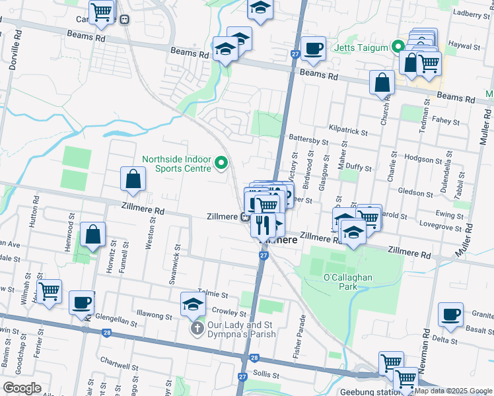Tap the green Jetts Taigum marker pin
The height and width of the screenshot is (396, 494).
[398, 47]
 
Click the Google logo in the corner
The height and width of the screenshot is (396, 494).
[22, 387]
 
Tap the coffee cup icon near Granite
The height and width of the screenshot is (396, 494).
[452, 315]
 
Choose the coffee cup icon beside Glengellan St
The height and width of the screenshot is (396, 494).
[81, 302]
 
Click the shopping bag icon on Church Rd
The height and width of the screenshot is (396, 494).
[382, 83]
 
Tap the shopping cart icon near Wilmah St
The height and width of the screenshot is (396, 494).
[49, 290]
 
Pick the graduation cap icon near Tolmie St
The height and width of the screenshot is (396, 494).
[193, 304]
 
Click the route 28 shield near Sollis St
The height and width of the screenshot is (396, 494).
[254, 358]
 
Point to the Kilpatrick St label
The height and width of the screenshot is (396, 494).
[347, 132]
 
